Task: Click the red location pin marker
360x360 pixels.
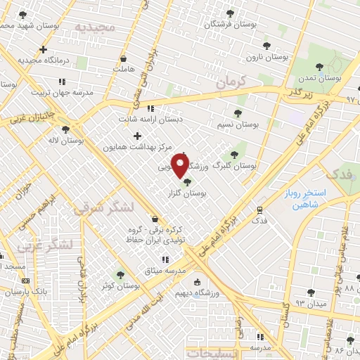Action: [x=180, y=167]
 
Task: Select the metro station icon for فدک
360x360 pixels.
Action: [x=260, y=209]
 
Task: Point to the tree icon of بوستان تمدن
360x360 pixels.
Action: [x=319, y=67]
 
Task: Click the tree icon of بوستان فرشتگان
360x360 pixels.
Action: [x=229, y=14]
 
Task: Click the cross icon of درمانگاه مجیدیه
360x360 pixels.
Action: [x=44, y=49]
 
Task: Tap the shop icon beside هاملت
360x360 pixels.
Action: [x=124, y=58]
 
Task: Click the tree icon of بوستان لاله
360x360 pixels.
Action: [x=65, y=129]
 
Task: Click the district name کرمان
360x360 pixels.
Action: [x=233, y=83]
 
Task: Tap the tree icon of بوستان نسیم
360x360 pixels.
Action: [x=236, y=112]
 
